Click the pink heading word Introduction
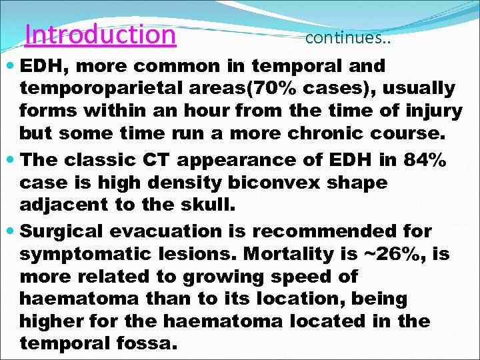pyautogui.click(x=100, y=34)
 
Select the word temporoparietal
pyautogui.click(x=92, y=88)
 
